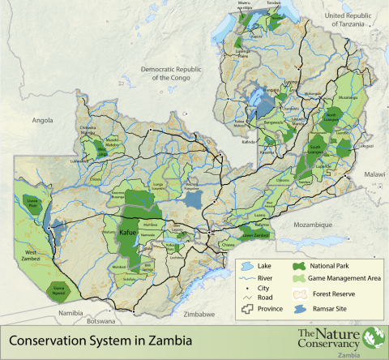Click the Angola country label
click(x=41, y=119)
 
